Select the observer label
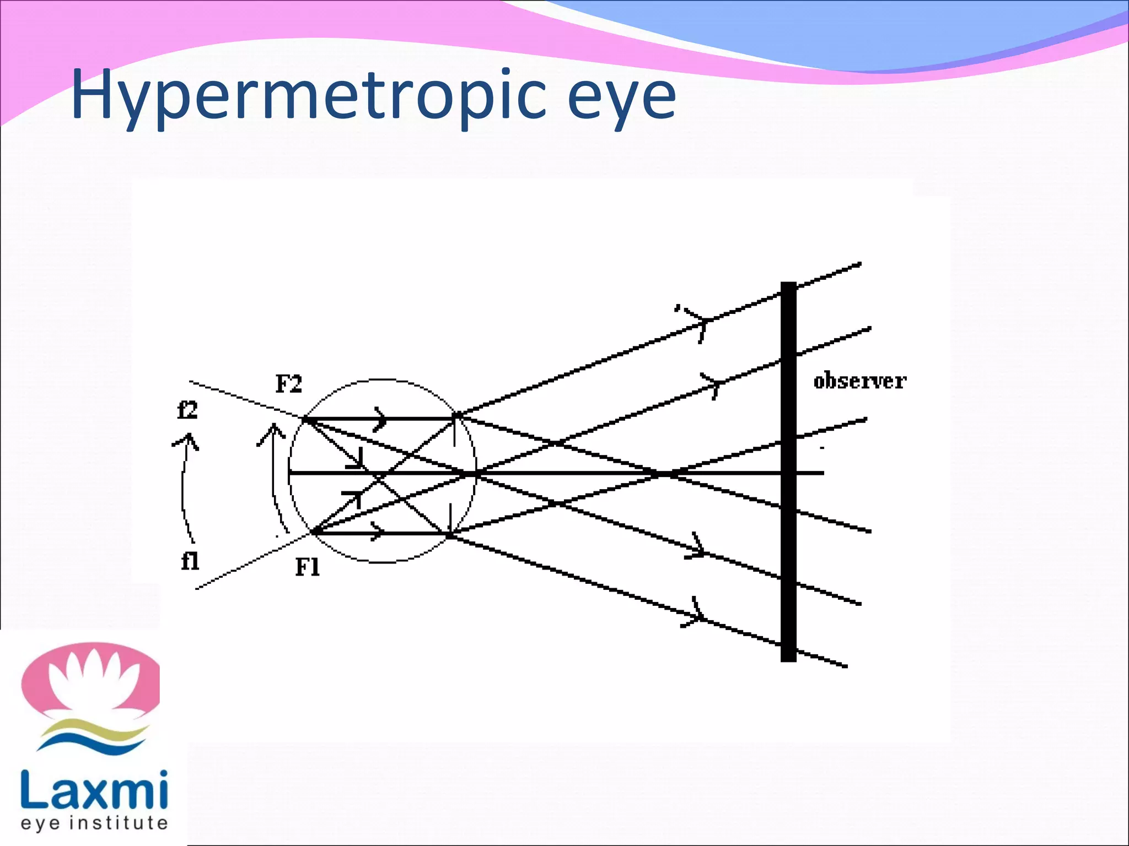pyautogui.click(x=859, y=381)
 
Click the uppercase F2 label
pyautogui.click(x=288, y=384)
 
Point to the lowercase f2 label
pyautogui.click(x=187, y=410)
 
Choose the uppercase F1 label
pyautogui.click(x=307, y=567)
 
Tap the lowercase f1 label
pyautogui.click(x=190, y=561)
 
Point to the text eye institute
pyautogui.click(x=94, y=823)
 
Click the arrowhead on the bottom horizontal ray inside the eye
pyautogui.click(x=378, y=532)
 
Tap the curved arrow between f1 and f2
pyautogui.click(x=184, y=485)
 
